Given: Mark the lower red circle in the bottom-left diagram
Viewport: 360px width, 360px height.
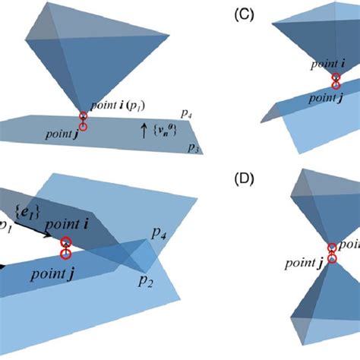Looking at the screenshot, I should [67, 254].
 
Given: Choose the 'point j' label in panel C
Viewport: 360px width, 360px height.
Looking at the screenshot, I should [311, 97].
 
